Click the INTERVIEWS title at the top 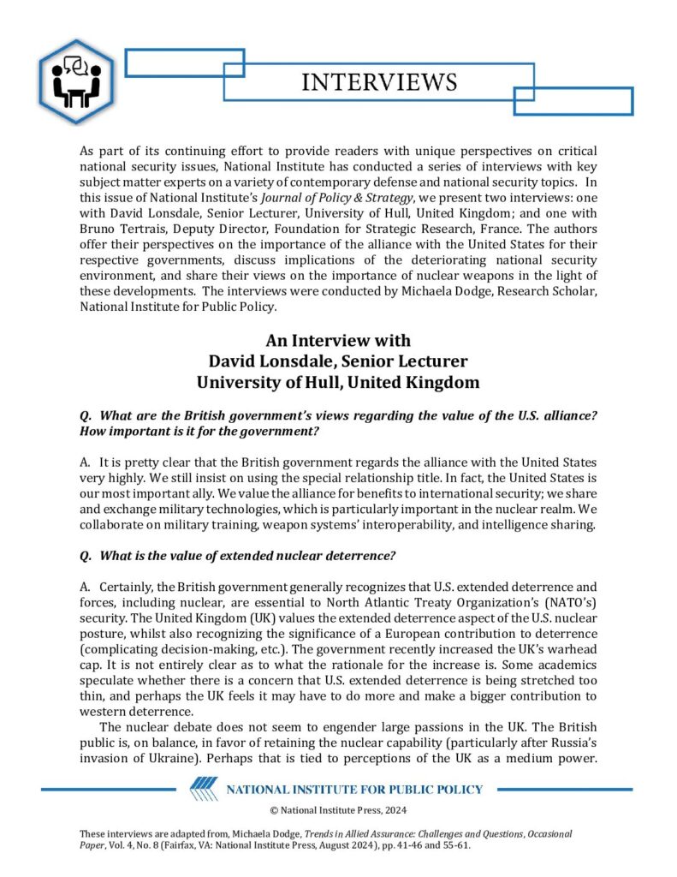tap(379, 82)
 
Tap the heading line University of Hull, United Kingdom tap(339, 382)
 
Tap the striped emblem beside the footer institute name tap(205, 789)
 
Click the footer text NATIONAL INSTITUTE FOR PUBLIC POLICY tap(353, 789)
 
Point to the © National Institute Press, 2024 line tap(338, 810)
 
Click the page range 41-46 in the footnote tap(403, 844)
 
